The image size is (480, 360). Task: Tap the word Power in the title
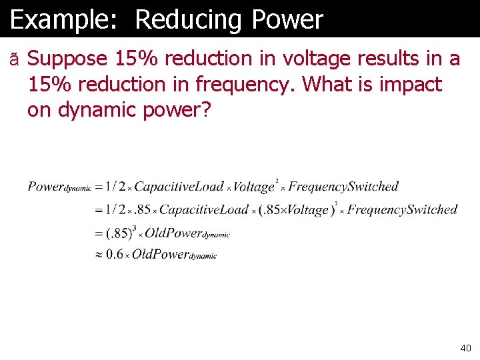(287, 20)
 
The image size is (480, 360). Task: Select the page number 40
(465, 348)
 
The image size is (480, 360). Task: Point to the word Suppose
(67, 59)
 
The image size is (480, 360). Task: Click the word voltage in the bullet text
(313, 59)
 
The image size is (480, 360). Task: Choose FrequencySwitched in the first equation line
(343, 187)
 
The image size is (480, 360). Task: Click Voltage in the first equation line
(254, 187)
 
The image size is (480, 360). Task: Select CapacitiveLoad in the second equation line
(203, 210)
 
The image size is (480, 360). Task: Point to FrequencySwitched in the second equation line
(402, 210)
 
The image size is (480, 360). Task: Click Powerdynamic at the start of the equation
(59, 187)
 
